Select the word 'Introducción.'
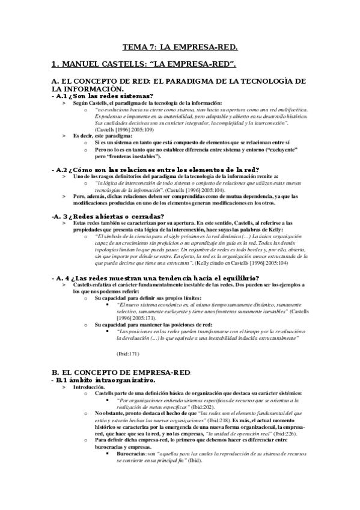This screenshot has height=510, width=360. coord(88,388)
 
